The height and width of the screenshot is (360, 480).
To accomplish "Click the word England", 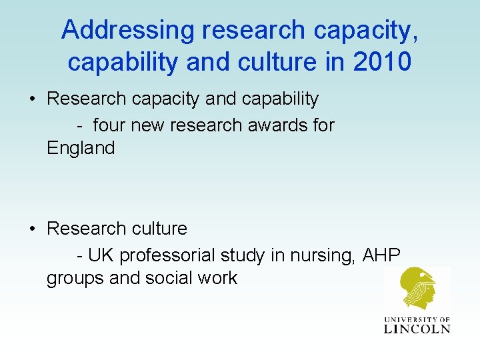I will point(81,148).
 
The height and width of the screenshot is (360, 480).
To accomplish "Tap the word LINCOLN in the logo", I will point(417,328).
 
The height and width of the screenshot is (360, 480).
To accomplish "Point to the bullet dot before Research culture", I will point(32,229).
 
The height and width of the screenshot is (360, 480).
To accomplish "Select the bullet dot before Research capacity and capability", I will point(32,99).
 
